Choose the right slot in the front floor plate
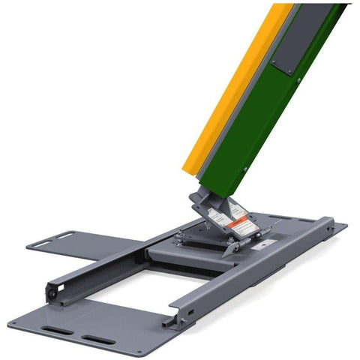click(x=100, y=341)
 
